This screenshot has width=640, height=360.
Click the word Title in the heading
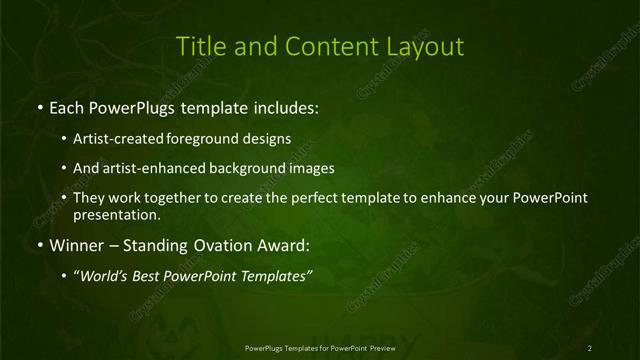[x=199, y=47]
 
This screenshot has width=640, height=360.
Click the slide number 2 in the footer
[x=590, y=347]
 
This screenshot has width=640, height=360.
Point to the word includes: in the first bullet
[x=286, y=104]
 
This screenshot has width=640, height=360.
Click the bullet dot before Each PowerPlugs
[x=38, y=105]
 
